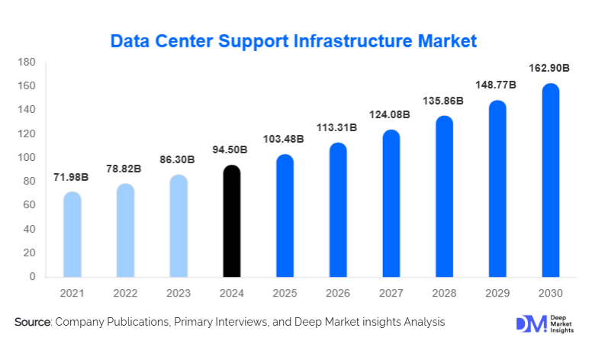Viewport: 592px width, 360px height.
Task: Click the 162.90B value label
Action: click(549, 69)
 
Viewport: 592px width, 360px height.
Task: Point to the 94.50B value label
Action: click(231, 149)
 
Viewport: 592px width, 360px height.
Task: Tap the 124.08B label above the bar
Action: click(391, 114)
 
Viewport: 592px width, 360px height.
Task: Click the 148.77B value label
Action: click(497, 85)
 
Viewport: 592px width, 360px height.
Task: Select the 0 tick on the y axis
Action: click(32, 277)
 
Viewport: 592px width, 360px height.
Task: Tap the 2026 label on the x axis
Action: click(337, 293)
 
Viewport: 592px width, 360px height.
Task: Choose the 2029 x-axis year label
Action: click(497, 293)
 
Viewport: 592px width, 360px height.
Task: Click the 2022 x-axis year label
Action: click(125, 293)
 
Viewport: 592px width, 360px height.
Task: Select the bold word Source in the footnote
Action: click(31, 323)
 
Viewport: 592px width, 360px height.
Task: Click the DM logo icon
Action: click(530, 323)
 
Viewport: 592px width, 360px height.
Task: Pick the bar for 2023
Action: click(178, 226)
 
